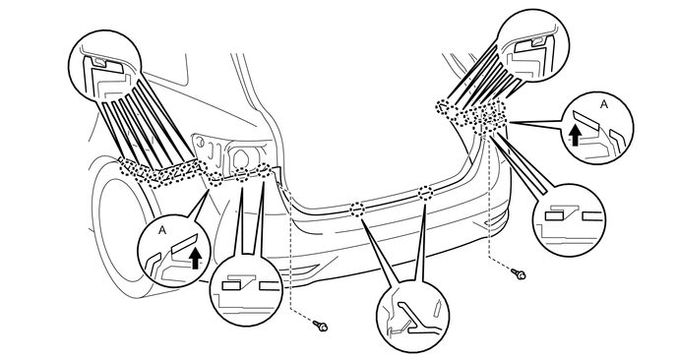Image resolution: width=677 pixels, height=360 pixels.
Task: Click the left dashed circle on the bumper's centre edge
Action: [x=357, y=209]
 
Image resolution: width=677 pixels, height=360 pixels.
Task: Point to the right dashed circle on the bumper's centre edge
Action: [x=425, y=193]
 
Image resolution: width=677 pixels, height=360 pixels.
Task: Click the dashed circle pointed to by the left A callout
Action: [x=217, y=178]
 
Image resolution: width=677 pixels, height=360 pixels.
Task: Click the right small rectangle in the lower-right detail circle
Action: [x=588, y=213]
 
